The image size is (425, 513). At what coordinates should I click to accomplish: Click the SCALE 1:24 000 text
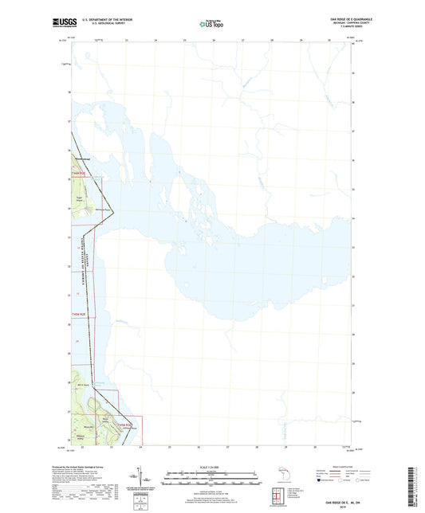[x=212, y=468]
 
